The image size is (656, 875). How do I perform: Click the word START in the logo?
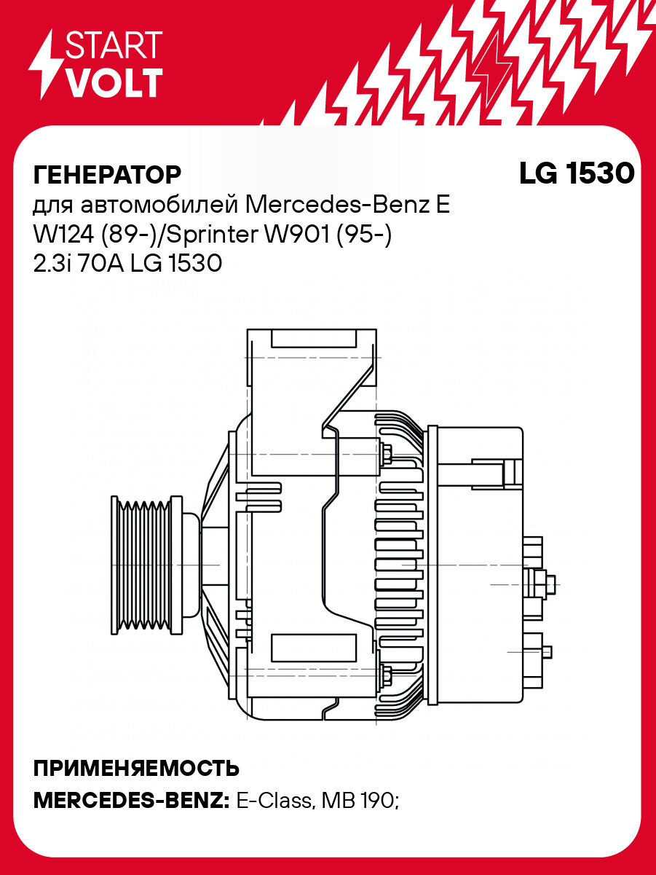coord(114,46)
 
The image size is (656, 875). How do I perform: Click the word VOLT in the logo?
coord(114,84)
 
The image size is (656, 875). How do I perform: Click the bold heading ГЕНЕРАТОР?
coord(107,175)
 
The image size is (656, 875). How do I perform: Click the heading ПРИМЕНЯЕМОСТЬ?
coord(136,769)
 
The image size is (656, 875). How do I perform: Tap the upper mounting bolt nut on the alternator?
coord(386,453)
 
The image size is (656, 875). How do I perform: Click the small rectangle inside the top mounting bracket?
coord(313,338)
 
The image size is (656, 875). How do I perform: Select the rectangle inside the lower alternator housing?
coord(313,646)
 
